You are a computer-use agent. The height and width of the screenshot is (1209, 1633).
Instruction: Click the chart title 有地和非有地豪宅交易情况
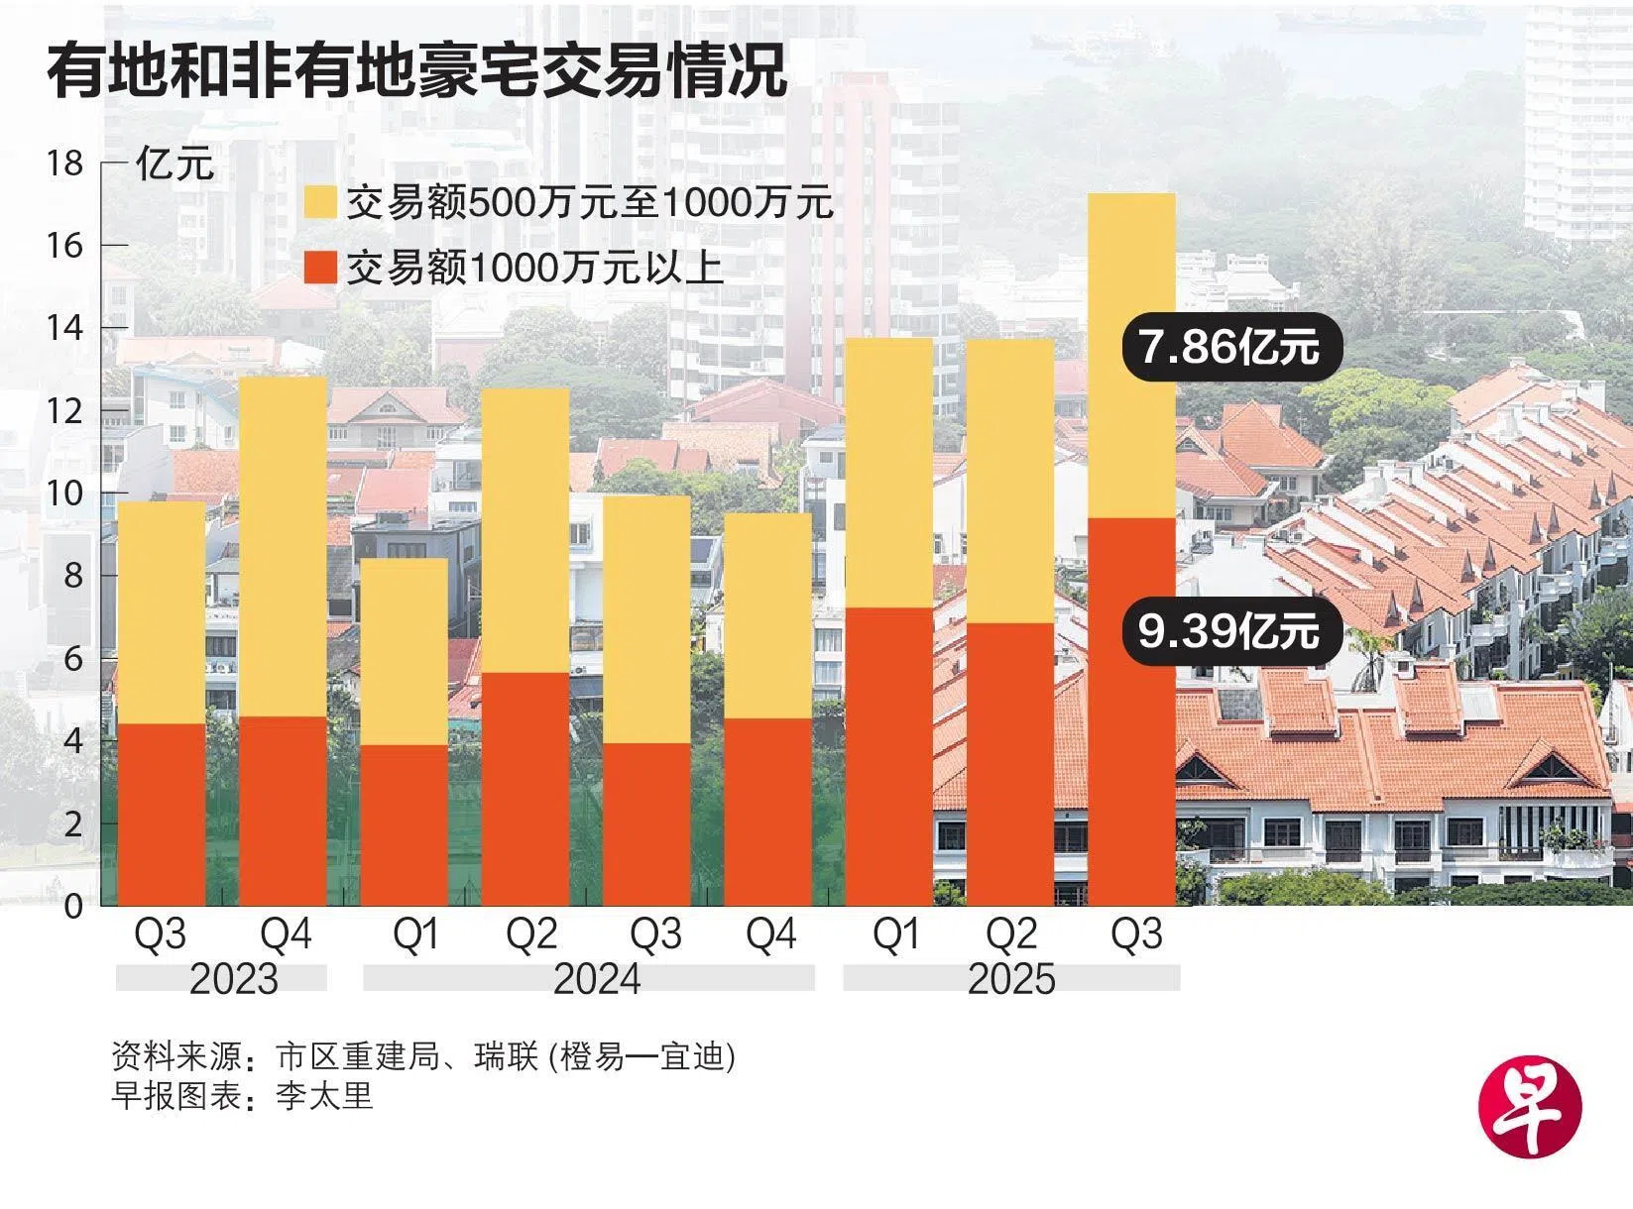416,71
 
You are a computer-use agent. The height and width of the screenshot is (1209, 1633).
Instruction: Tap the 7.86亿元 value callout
1229,348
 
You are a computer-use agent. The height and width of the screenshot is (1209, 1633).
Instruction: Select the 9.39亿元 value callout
1229,631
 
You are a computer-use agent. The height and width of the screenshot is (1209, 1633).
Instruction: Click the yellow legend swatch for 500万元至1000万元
321,202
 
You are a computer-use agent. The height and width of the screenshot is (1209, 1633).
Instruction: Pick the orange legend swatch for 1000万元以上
321,267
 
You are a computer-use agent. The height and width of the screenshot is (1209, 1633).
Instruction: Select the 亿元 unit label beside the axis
175,164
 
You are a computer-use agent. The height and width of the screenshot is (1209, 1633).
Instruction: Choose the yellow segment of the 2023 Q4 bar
283,545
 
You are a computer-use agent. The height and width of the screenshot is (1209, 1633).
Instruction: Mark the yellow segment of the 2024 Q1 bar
404,651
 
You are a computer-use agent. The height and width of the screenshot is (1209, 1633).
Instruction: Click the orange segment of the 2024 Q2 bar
525,788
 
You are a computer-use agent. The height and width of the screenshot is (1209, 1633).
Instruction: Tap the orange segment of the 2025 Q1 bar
888,755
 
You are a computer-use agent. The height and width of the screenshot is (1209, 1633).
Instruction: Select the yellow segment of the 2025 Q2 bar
1009,481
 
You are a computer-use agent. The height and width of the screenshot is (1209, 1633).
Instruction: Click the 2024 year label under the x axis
597,979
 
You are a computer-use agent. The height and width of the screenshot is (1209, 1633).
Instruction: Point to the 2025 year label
1011,979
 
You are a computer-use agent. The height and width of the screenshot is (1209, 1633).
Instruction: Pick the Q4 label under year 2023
286,934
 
